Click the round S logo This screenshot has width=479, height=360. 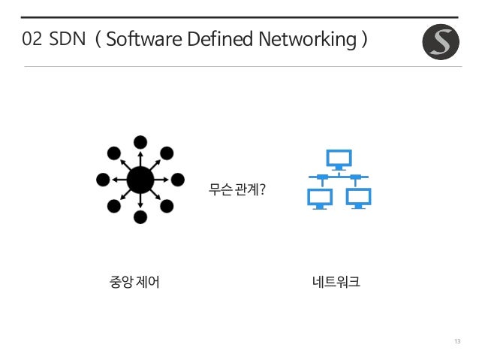[440, 41]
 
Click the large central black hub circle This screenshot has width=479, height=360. [140, 180]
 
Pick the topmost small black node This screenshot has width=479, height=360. [140, 142]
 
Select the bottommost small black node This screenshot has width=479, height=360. [140, 217]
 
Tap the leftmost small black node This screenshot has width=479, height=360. [103, 180]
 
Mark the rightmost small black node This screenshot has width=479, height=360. [178, 180]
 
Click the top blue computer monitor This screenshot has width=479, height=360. [339, 158]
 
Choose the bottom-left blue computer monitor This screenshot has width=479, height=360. [320, 196]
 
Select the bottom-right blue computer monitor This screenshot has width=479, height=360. [358, 196]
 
